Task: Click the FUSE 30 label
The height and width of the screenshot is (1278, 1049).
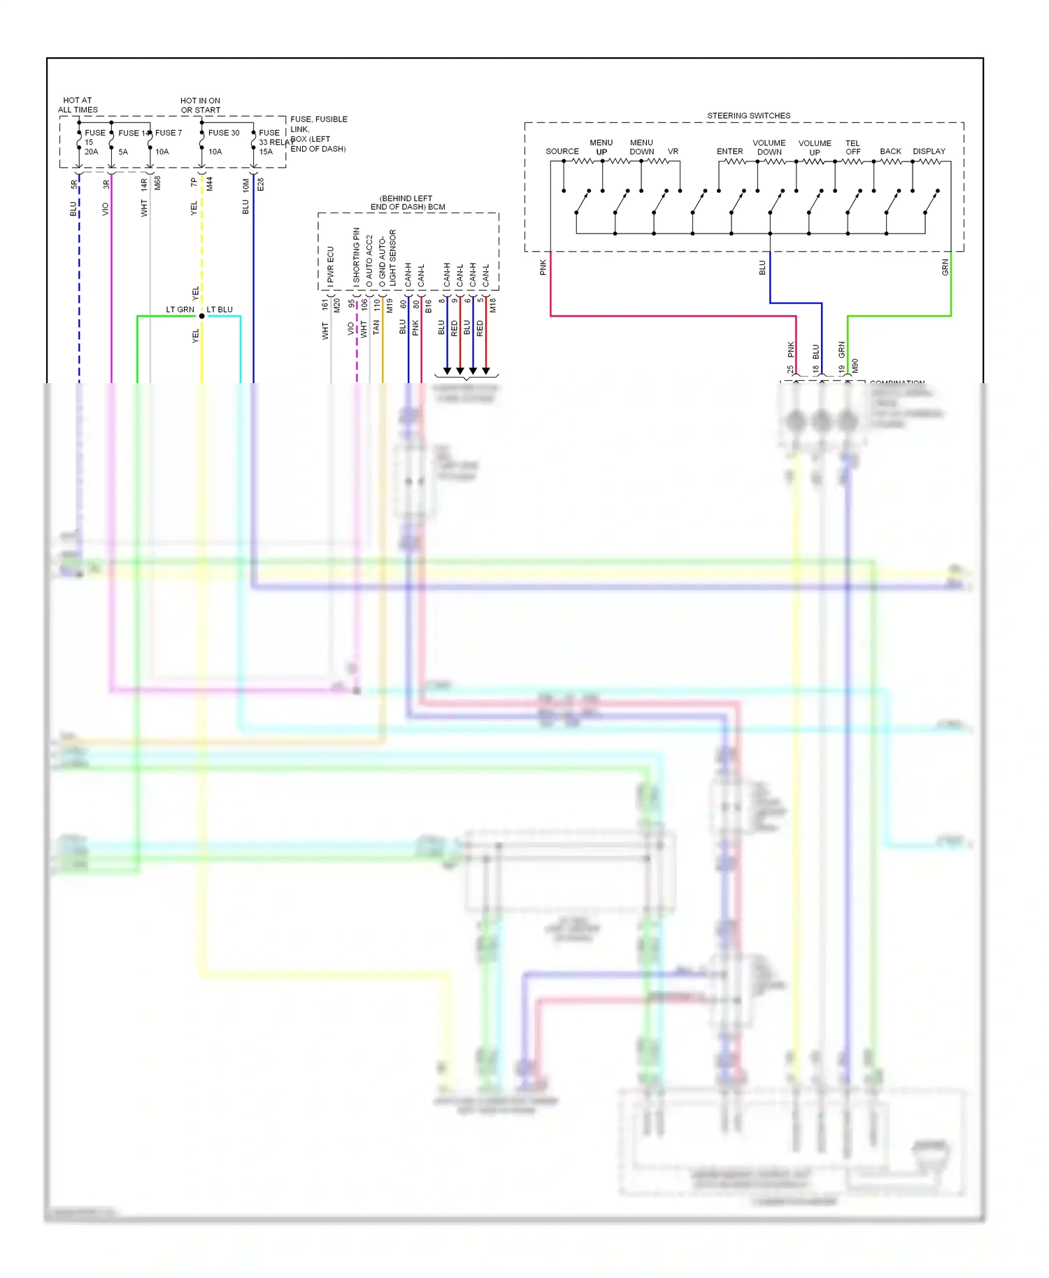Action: (x=223, y=133)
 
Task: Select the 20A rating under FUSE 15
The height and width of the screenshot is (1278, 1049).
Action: (x=91, y=152)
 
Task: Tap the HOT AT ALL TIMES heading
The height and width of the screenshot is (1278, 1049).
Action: (x=78, y=106)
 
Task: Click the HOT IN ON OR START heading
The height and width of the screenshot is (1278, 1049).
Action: (x=201, y=106)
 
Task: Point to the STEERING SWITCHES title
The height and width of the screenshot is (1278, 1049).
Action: (x=748, y=116)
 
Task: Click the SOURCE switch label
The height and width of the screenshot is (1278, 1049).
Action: (x=562, y=152)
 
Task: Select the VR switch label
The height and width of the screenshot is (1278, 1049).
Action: (x=673, y=152)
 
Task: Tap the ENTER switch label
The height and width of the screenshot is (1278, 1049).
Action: (x=729, y=152)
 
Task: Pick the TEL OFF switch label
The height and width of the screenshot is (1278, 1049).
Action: (x=852, y=148)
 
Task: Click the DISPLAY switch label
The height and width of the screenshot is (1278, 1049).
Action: (x=929, y=152)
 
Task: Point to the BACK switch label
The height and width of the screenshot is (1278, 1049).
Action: (x=890, y=152)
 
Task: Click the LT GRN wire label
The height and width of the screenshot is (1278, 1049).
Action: (x=180, y=310)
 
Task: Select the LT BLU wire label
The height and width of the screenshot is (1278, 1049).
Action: (x=220, y=310)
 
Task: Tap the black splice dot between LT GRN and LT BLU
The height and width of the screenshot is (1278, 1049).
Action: (x=202, y=316)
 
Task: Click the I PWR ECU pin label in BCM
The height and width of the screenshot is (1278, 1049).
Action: (x=331, y=266)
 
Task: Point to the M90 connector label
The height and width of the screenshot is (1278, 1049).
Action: (x=855, y=366)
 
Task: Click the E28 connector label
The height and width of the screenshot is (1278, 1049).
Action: (x=261, y=185)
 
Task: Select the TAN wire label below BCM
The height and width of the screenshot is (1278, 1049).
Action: (x=376, y=326)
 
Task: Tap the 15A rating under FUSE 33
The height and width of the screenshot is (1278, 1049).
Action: (x=266, y=152)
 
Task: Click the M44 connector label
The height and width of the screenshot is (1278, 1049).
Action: (x=209, y=184)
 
